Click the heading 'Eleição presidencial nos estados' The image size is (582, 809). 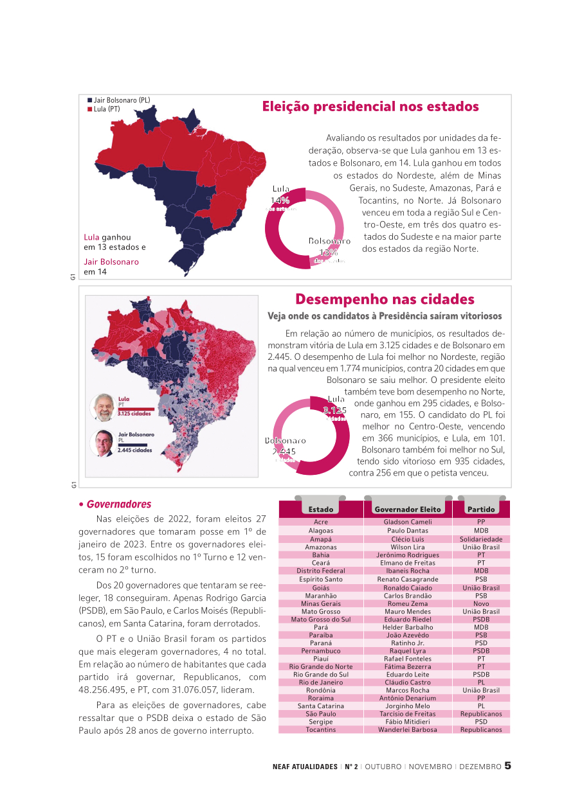tap(370, 107)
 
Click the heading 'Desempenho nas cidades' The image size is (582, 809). tap(385, 299)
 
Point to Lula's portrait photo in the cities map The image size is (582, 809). tap(102, 407)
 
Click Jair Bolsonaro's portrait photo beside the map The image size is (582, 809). tap(102, 443)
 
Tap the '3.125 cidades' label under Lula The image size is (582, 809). tap(134, 414)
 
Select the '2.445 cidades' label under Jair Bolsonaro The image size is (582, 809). tap(135, 450)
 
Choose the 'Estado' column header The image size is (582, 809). tap(321, 510)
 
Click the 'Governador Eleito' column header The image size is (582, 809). tap(408, 510)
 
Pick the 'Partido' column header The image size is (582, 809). tap(481, 510)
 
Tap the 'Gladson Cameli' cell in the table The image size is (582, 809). tap(408, 522)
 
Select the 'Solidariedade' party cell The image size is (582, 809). tap(481, 539)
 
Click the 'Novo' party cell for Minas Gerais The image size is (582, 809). tap(481, 604)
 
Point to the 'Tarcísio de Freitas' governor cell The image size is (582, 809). tap(408, 714)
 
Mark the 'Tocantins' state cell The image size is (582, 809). tap(321, 730)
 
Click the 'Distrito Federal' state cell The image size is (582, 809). tap(321, 571)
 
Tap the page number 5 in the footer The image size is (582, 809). tap(507, 766)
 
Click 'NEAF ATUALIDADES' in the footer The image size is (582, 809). tap(305, 767)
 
